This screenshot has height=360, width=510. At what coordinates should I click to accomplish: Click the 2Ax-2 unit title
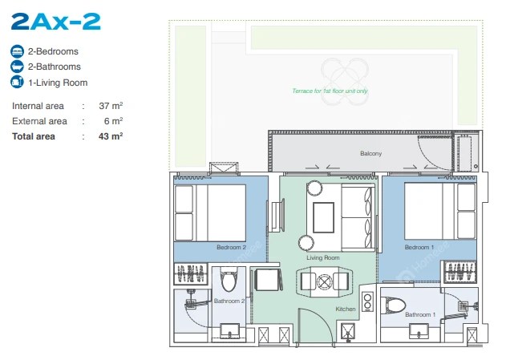click(56, 22)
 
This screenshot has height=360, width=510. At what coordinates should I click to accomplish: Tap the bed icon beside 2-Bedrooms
click(17, 51)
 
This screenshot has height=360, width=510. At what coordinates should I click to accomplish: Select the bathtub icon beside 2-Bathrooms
click(17, 67)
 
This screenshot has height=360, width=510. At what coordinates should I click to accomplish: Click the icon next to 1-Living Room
click(17, 82)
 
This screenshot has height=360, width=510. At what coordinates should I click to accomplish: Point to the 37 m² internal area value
click(111, 106)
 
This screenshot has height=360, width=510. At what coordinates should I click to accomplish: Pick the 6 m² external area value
click(114, 121)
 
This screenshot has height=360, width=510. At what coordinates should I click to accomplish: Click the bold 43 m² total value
click(111, 136)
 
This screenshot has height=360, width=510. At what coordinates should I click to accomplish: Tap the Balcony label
click(370, 153)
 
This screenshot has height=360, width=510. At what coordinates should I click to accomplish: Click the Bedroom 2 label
click(231, 248)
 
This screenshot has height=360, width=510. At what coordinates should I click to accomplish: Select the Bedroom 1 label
click(419, 248)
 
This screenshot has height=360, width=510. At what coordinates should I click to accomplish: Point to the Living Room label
click(323, 258)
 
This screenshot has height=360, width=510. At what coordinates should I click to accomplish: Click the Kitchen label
click(346, 309)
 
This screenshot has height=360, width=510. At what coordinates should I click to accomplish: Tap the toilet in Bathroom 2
click(229, 279)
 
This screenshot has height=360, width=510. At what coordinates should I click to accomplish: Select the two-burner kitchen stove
click(367, 301)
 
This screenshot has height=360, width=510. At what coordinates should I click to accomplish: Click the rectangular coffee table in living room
click(324, 217)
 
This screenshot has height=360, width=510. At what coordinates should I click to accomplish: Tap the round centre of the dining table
click(324, 281)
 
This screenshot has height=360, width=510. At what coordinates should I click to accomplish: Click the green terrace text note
click(330, 91)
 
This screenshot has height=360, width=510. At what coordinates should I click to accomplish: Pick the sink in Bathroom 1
click(419, 331)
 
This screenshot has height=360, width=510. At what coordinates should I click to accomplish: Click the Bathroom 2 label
click(229, 301)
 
